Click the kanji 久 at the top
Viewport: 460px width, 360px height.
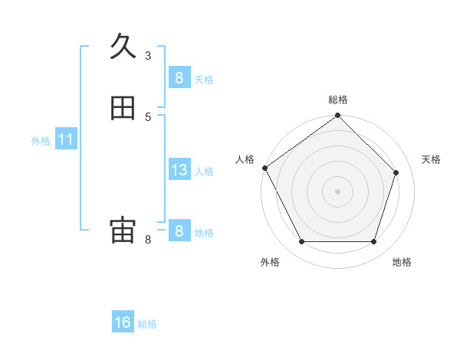click(x=123, y=47)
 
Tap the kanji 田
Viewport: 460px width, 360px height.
click(x=123, y=109)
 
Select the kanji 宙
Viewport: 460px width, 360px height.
click(x=123, y=231)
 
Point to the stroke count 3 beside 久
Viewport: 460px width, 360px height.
click(x=148, y=55)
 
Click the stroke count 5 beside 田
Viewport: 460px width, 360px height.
click(x=148, y=116)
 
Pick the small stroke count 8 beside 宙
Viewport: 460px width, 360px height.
click(x=148, y=240)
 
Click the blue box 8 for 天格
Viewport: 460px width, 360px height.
click(x=179, y=77)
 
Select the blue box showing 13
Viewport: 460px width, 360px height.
click(x=179, y=170)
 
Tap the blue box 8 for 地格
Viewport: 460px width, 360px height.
click(x=179, y=231)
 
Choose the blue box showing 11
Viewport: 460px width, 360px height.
click(x=65, y=139)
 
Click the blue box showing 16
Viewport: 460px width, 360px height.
click(x=123, y=322)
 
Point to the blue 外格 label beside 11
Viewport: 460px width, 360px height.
click(x=41, y=141)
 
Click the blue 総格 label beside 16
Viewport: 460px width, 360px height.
click(x=147, y=324)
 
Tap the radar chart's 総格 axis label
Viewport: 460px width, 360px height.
click(x=338, y=100)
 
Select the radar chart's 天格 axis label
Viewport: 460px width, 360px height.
click(x=431, y=159)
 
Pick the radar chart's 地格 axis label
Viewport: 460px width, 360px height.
click(x=402, y=262)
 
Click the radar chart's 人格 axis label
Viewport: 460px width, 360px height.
click(x=245, y=159)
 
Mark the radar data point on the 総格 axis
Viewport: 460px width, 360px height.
click(x=338, y=116)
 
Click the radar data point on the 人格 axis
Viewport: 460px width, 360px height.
click(x=265, y=168)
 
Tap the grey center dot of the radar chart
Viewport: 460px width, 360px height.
click(x=338, y=191)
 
